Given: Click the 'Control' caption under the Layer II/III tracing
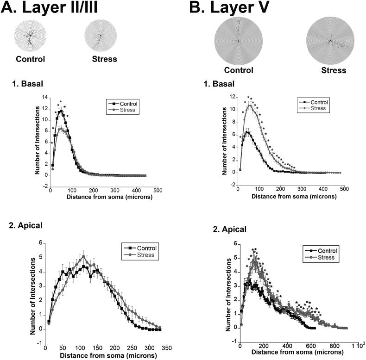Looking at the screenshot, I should coord(31,59).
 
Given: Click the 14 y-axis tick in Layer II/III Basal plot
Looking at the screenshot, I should coord(45,98).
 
